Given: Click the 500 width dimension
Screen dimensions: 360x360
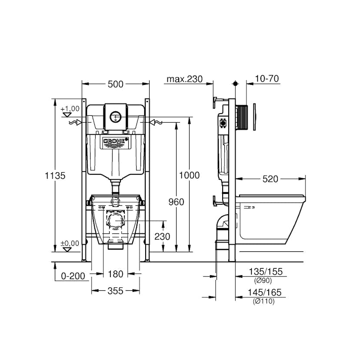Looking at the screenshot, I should click(x=115, y=84).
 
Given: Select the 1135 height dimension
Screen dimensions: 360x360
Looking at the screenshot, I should click(x=55, y=176).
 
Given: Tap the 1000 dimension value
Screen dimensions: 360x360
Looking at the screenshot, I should click(x=190, y=175).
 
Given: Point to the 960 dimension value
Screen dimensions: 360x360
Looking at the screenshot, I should click(x=176, y=202).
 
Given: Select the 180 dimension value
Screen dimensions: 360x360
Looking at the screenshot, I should click(x=115, y=274).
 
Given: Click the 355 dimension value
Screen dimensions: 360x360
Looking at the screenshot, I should click(x=115, y=290).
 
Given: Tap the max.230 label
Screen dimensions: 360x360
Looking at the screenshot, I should click(x=185, y=79).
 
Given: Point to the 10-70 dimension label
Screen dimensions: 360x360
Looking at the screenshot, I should click(x=267, y=79).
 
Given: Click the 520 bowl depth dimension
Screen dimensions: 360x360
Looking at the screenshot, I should click(x=270, y=179).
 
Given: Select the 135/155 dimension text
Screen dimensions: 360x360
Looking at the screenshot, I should click(x=265, y=272).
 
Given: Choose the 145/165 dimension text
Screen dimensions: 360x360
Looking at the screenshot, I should click(x=265, y=293).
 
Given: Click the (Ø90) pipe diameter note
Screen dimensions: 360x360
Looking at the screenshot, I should click(x=264, y=280).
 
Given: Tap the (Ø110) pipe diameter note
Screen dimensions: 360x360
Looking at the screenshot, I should click(x=264, y=301).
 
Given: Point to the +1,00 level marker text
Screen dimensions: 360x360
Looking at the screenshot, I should click(x=70, y=108).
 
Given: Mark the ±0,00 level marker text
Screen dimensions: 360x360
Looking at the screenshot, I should click(x=70, y=243).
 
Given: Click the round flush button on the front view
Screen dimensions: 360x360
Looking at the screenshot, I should click(x=115, y=117).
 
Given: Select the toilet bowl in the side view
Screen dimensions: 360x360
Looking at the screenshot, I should click(x=270, y=217).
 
